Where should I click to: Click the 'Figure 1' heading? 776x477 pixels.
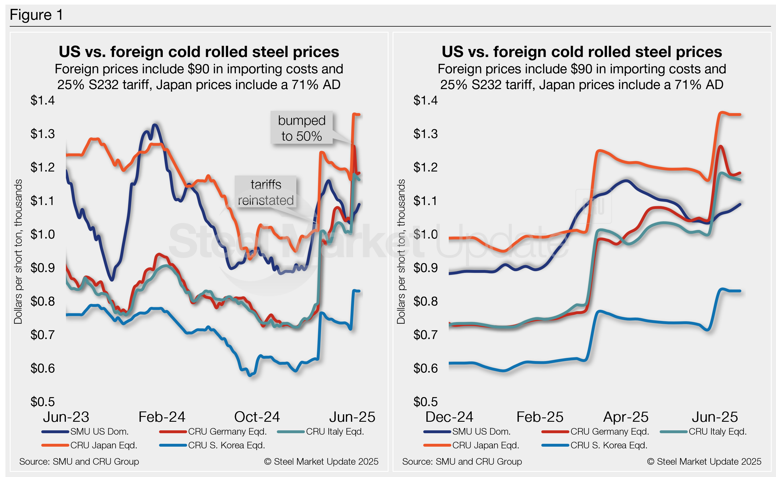(x=36, y=15)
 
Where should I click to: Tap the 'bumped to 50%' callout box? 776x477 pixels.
(x=301, y=128)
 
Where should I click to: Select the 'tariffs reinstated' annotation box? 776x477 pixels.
(x=266, y=192)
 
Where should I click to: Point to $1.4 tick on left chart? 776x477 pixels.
(x=43, y=100)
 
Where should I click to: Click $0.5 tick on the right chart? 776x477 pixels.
(x=426, y=402)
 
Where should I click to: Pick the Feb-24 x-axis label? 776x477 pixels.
(x=162, y=417)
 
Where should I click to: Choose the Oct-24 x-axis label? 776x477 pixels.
(x=257, y=417)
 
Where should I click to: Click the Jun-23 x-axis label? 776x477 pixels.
(x=66, y=417)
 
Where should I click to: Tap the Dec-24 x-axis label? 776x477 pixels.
(x=449, y=417)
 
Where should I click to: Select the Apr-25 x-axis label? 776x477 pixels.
(x=626, y=417)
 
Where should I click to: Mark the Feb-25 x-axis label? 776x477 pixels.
(x=540, y=417)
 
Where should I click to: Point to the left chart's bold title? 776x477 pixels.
(x=199, y=52)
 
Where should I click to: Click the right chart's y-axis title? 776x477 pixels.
(x=401, y=251)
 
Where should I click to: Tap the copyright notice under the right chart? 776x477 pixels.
(x=704, y=462)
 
